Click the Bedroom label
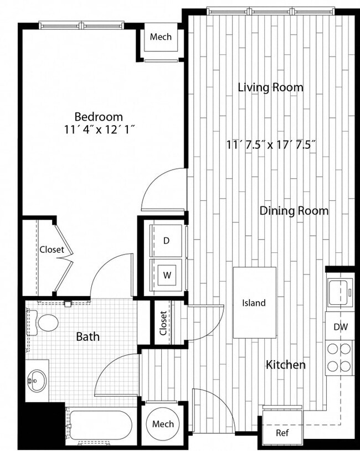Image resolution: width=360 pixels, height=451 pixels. pos(99,117)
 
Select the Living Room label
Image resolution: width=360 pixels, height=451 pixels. pos(270,87)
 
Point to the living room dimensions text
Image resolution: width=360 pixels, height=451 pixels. pos(271,145)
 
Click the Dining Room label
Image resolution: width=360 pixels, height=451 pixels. pos(294,211)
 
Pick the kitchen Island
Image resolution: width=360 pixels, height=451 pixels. pos(254,303)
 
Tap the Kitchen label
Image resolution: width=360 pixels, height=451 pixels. pos(286,365)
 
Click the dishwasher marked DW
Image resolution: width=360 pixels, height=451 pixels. pos(341,327)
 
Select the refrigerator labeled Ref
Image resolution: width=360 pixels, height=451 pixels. pos(282,432)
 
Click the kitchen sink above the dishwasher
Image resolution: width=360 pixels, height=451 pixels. pos(340,292)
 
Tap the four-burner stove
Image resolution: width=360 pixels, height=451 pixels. pos(340,357)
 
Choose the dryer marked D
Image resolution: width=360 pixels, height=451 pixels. pos(166,240)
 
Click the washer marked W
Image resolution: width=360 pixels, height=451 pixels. pos(166,274)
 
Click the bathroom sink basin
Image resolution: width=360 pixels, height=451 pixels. pos(37,380)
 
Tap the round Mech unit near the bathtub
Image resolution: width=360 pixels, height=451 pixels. pos(163,424)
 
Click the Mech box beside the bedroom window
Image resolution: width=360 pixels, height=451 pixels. pos(161,37)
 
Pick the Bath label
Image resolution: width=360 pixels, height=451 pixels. pos(88,336)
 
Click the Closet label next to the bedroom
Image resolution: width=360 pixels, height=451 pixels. pos(52,250)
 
